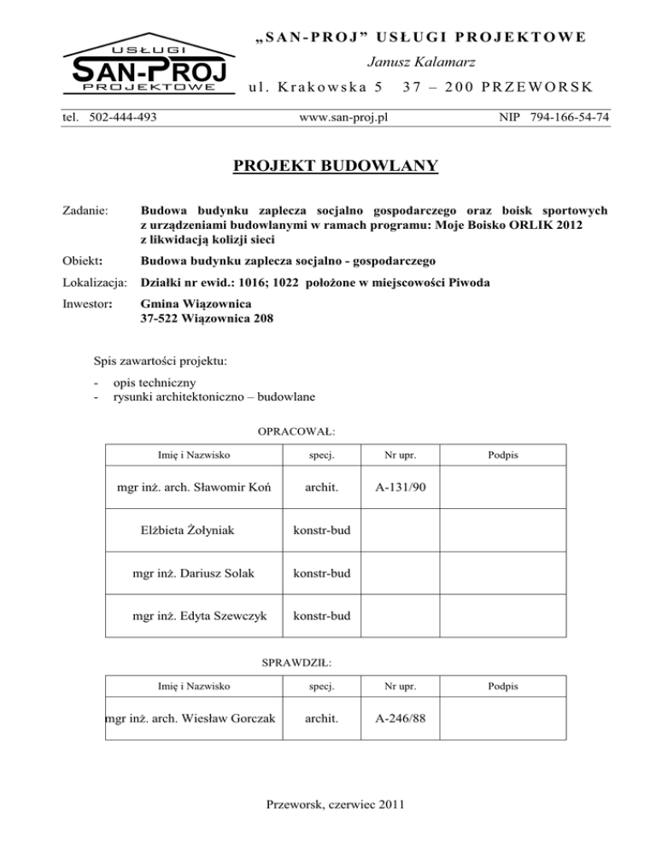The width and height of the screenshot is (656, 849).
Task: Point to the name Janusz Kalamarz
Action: (x=412, y=61)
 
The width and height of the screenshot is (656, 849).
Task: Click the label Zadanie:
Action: (x=87, y=209)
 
